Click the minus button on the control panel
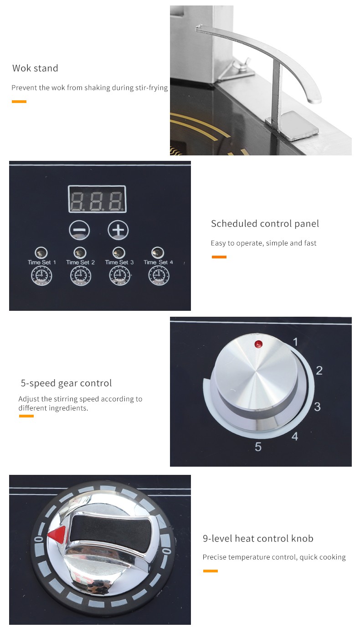[79, 230]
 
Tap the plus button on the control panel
[118, 230]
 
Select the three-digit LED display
[97, 199]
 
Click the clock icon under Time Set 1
[41, 276]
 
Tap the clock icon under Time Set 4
[159, 276]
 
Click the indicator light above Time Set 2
[80, 252]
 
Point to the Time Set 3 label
[119, 263]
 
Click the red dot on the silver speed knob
[258, 344]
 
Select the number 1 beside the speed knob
[295, 342]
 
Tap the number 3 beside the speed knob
[317, 407]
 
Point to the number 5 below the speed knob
[258, 447]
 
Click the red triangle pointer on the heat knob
[57, 535]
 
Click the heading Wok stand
[35, 68]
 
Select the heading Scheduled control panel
[265, 224]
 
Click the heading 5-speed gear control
[66, 383]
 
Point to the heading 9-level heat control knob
[258, 538]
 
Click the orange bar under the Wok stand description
[19, 102]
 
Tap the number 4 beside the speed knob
[295, 436]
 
